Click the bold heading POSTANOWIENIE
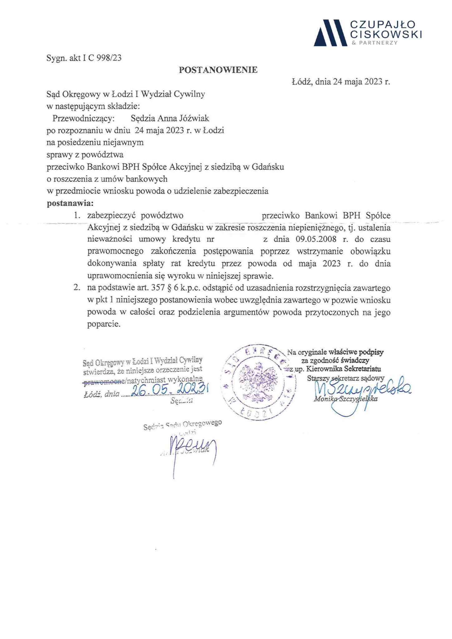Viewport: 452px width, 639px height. pos(218,70)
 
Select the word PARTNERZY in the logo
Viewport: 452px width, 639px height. pos(382,43)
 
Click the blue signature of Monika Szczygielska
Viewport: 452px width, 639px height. pos(362,390)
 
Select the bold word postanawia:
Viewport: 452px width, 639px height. pos(70,203)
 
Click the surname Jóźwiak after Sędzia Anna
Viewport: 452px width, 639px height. pos(194,119)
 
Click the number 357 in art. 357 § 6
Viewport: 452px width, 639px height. pos(158,288)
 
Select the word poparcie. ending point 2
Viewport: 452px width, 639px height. pos(104,324)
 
